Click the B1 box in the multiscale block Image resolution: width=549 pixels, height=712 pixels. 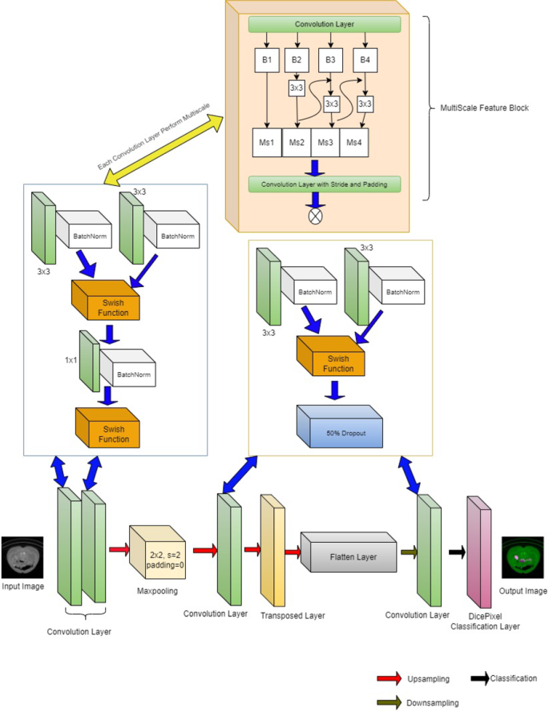click(268, 59)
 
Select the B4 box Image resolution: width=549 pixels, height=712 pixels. click(365, 59)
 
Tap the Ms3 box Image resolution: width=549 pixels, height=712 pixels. click(325, 142)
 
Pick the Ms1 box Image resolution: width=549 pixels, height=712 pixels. click(267, 142)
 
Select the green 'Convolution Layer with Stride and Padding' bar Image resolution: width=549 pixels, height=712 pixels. click(325, 184)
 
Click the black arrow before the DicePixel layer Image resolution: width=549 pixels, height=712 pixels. click(457, 552)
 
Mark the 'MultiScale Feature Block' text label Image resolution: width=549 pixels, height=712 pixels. click(486, 107)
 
